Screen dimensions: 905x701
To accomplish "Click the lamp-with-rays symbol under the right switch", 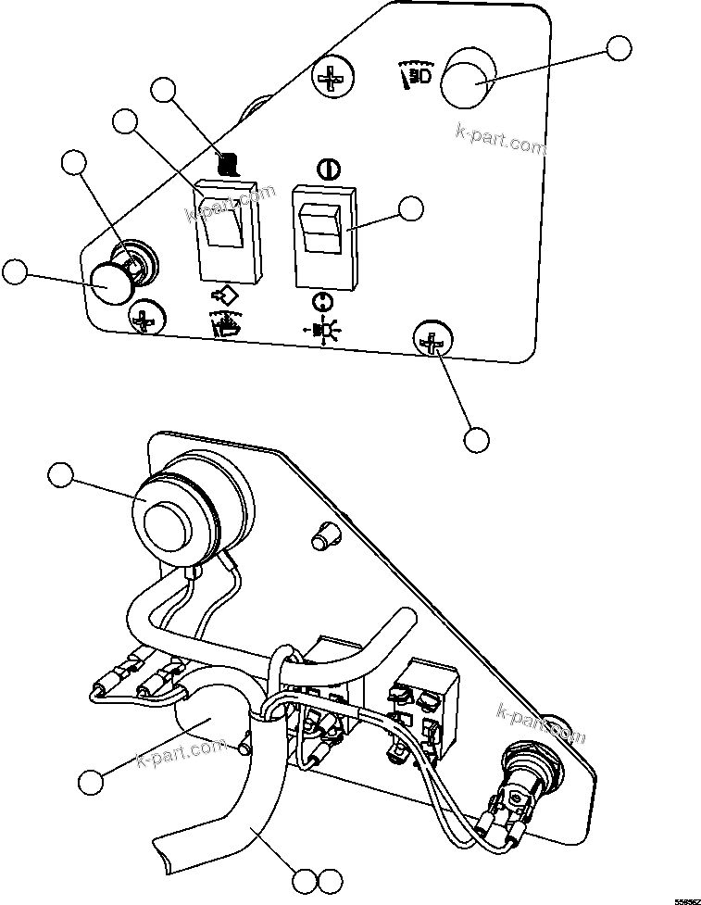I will tap(321, 330).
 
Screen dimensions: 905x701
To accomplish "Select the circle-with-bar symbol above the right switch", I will tap(325, 169).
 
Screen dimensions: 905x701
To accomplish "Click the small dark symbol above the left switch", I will tap(228, 165).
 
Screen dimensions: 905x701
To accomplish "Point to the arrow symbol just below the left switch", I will tap(222, 298).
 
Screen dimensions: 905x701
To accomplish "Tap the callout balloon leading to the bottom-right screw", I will tap(476, 439).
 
